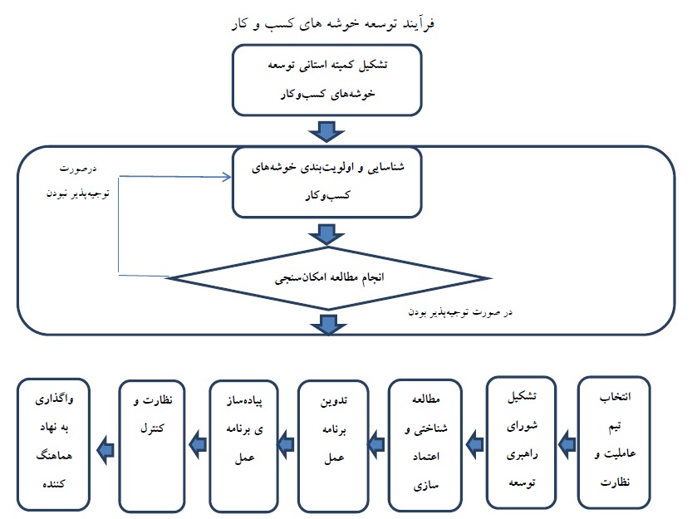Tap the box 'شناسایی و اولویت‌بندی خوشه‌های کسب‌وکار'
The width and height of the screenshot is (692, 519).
(322, 182)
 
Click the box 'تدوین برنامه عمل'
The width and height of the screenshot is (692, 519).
(331, 444)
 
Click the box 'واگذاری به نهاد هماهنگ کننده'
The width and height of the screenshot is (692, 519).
(54, 443)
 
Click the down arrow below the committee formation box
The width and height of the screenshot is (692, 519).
(325, 131)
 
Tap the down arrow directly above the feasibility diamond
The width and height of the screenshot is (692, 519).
(325, 234)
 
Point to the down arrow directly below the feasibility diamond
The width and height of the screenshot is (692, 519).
(325, 324)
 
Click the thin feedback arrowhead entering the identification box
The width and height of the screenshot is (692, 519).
(227, 176)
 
